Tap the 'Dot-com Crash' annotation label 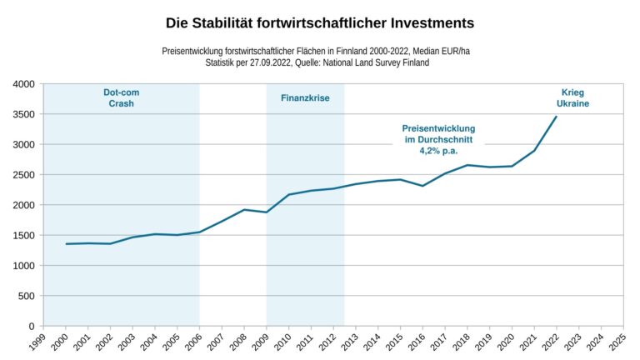pos(121,97)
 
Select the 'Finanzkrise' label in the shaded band pos(304,97)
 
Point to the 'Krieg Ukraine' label pos(573,97)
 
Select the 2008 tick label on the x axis pos(239,343)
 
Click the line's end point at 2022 pos(557,117)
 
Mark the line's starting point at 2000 pos(66,244)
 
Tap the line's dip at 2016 pos(423,186)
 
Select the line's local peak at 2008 pos(244,210)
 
